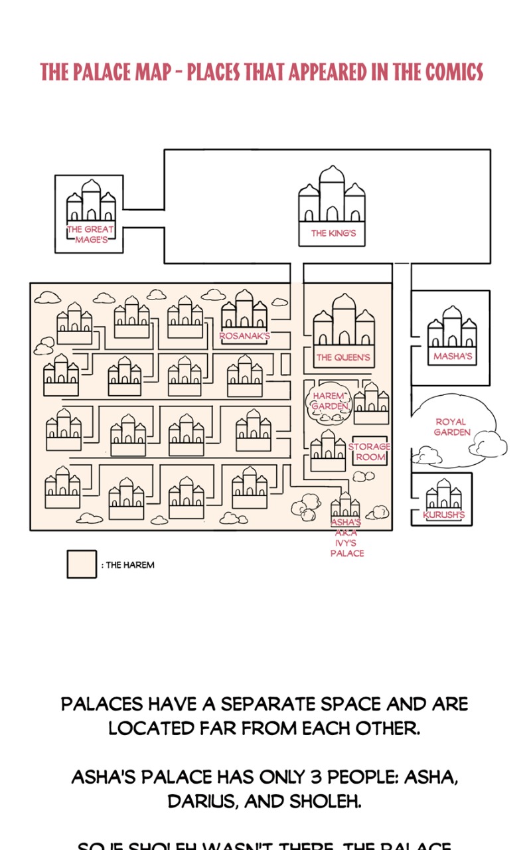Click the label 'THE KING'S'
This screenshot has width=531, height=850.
(x=333, y=234)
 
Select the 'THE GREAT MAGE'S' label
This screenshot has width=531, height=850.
(x=90, y=234)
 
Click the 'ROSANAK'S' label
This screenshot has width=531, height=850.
(x=245, y=336)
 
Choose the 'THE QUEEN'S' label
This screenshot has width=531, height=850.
(x=342, y=358)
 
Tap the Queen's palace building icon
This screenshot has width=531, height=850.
(x=343, y=321)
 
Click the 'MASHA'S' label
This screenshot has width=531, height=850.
(x=452, y=357)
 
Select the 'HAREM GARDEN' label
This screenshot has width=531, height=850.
(x=329, y=401)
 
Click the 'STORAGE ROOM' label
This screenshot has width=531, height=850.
(x=370, y=452)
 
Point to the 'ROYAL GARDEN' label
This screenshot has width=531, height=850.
(x=452, y=427)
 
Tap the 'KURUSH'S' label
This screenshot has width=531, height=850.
(x=443, y=515)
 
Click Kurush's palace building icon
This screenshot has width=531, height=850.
(x=443, y=495)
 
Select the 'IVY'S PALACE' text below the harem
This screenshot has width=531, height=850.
(x=347, y=548)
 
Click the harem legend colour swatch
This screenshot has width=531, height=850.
(x=82, y=564)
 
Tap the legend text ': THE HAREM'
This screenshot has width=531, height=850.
(x=128, y=565)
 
